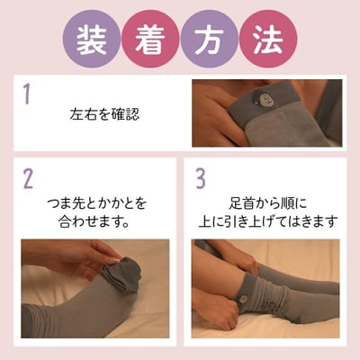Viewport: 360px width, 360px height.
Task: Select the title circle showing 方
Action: click(x=210, y=39)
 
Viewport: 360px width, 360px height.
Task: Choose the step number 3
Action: click(x=200, y=178)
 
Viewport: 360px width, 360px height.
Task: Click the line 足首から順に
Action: click(x=269, y=202)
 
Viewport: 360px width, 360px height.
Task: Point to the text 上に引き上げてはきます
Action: click(x=269, y=220)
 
